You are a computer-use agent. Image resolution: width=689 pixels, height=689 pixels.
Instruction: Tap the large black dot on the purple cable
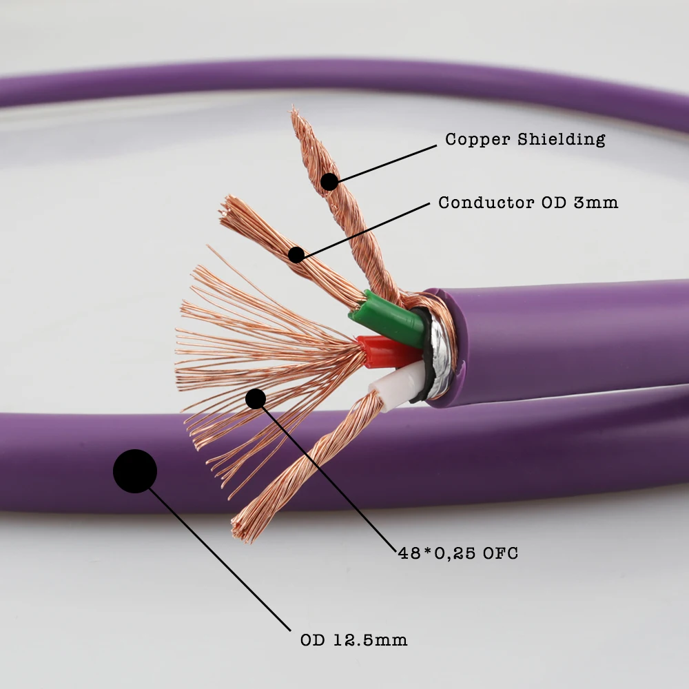pyautogui.click(x=135, y=471)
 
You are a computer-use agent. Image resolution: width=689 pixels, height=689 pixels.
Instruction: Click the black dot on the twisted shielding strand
pyautogui.click(x=329, y=182)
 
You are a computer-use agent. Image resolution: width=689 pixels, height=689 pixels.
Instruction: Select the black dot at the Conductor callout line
pyautogui.click(x=296, y=255)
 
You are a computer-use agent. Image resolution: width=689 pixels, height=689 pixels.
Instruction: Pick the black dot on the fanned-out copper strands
pyautogui.click(x=256, y=398)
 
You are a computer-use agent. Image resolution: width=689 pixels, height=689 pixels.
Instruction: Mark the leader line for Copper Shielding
pyautogui.click(x=386, y=163)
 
